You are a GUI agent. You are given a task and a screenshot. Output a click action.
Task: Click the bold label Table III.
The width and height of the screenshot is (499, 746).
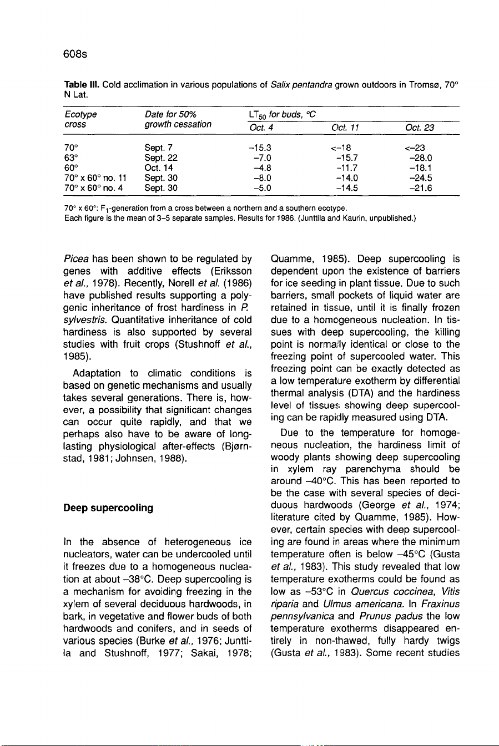coord(82,85)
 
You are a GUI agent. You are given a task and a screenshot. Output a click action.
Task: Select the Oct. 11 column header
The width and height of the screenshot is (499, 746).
coord(345,128)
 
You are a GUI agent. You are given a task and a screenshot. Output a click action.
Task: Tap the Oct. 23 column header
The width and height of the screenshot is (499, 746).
coord(420,128)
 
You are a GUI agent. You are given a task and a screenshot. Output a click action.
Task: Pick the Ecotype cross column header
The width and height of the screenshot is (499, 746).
coord(80,119)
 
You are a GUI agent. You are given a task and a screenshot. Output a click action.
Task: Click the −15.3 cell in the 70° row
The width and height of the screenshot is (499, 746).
coord(260,148)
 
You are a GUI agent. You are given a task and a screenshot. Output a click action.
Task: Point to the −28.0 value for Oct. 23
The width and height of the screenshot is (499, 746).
coord(420,158)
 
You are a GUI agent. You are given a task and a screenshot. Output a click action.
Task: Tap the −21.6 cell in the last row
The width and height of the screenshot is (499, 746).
coord(420,188)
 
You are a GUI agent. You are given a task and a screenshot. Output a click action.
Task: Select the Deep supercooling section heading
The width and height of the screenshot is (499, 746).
coord(108,508)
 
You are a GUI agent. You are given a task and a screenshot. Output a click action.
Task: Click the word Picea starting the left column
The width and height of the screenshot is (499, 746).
coord(76,258)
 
